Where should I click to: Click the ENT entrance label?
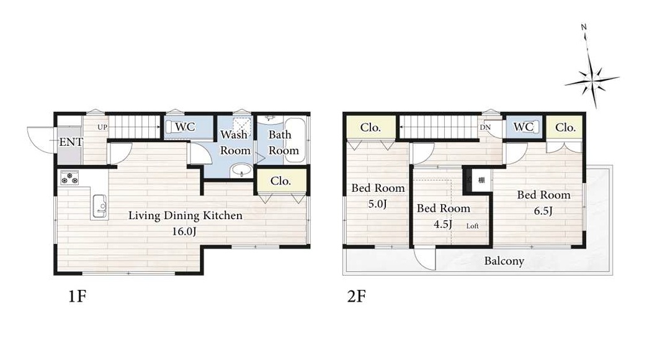click(x=71, y=142)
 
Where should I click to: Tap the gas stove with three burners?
click(x=69, y=178)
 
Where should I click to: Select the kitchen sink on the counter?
click(x=99, y=206)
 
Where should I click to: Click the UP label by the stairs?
click(x=102, y=127)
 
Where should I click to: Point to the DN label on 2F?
click(x=485, y=127)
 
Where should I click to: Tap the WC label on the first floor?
click(x=185, y=127)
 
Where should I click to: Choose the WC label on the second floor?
click(x=523, y=127)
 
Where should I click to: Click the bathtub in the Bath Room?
click(x=295, y=140)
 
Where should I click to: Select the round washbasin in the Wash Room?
click(x=241, y=170)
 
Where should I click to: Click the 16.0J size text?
click(x=184, y=232)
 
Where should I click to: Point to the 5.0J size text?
click(x=378, y=204)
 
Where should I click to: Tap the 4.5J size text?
click(x=443, y=224)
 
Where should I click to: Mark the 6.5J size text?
click(x=543, y=210)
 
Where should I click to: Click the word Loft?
click(x=472, y=226)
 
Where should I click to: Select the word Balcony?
click(x=504, y=261)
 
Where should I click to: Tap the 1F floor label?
click(x=78, y=297)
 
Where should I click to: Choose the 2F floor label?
click(x=357, y=297)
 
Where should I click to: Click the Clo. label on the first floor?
click(x=280, y=181)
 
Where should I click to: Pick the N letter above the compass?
click(x=584, y=27)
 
